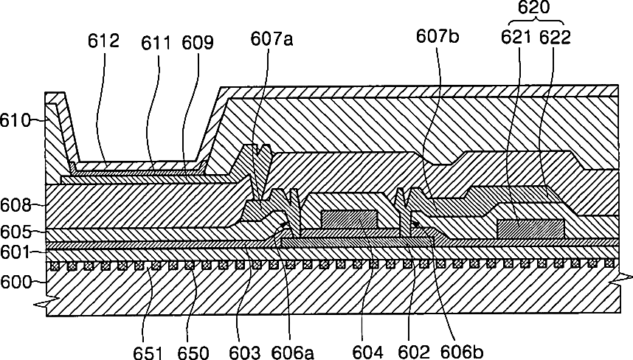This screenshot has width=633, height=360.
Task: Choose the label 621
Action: [517, 38]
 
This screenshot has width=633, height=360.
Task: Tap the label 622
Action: [555, 38]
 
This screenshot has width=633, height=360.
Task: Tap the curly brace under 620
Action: [533, 23]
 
